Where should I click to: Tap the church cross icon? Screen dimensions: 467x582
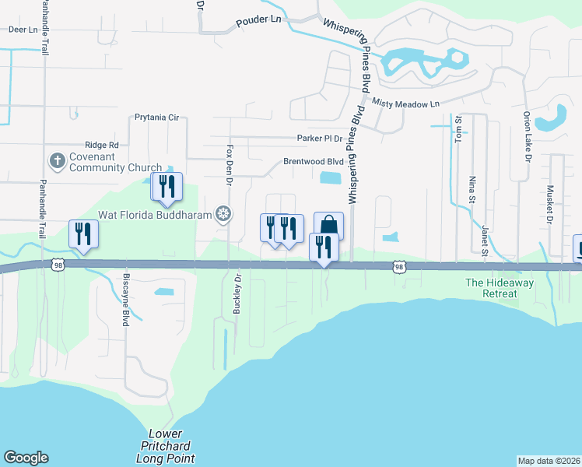click(57, 161)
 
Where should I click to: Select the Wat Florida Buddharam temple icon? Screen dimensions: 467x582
click(224, 213)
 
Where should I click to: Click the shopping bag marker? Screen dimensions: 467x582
click(328, 225)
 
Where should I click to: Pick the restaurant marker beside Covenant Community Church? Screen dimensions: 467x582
click(167, 186)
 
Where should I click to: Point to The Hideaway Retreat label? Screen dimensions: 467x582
click(500, 288)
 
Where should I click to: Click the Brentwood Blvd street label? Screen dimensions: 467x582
click(313, 162)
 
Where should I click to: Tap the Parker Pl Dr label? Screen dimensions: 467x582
click(320, 138)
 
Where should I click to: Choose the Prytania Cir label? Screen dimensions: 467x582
click(156, 118)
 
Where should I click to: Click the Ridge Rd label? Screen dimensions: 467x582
click(102, 145)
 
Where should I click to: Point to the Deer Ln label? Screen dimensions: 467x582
click(23, 29)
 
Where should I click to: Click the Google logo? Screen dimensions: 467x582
click(26, 458)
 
